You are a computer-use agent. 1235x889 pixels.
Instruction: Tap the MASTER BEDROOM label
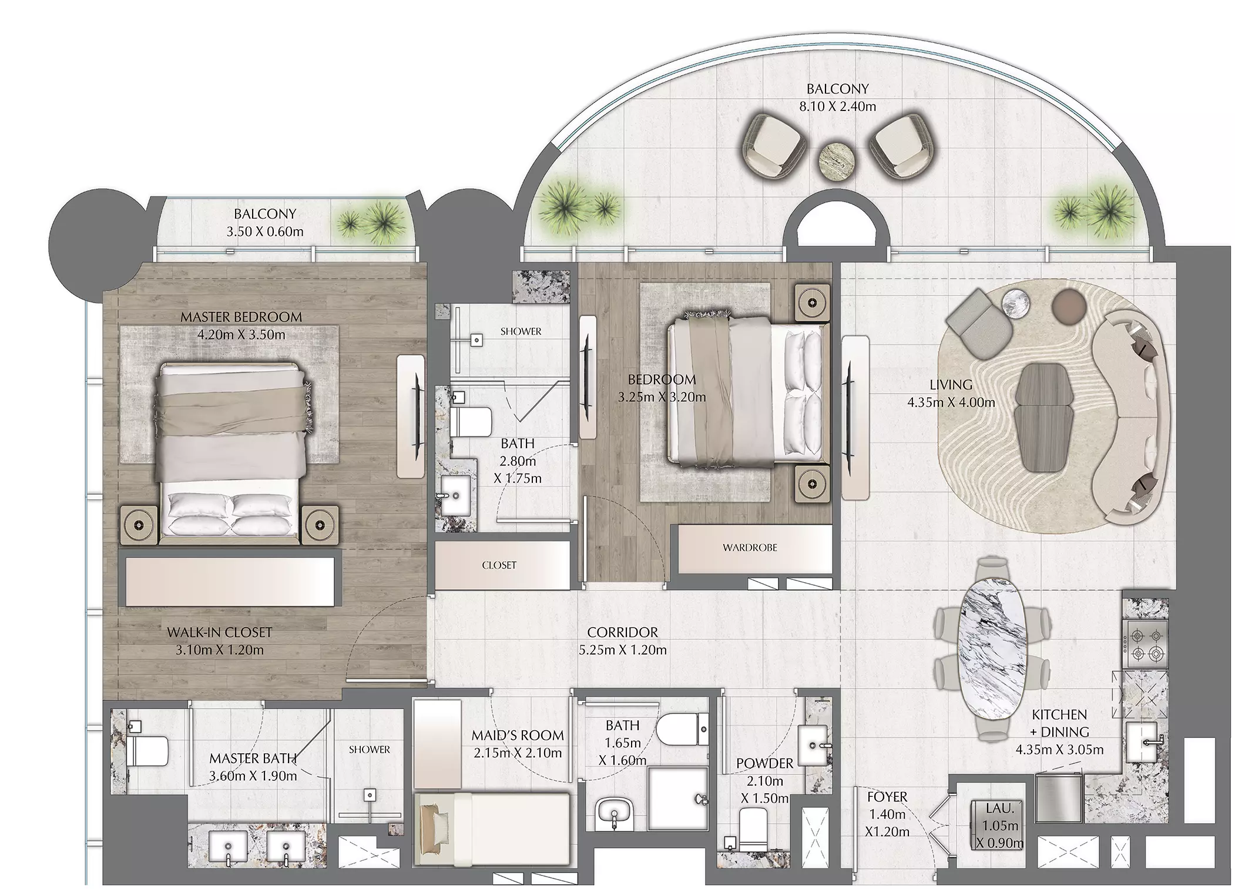pos(241,317)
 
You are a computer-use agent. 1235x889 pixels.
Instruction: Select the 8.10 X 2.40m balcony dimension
pos(837,106)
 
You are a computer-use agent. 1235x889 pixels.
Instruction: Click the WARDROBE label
pos(750,548)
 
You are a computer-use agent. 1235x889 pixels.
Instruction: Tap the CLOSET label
pos(499,565)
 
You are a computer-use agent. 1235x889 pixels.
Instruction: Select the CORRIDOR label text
pos(622,632)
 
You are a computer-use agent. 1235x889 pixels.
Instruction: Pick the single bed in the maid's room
pos(492,828)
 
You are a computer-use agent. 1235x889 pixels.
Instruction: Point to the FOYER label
pos(887,797)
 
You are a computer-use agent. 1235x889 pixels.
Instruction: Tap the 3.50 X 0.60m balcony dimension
pos(265,232)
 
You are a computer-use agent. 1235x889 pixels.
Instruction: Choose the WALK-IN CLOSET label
pos(219,632)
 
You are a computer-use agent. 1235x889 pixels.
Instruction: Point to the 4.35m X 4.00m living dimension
pos(951,402)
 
